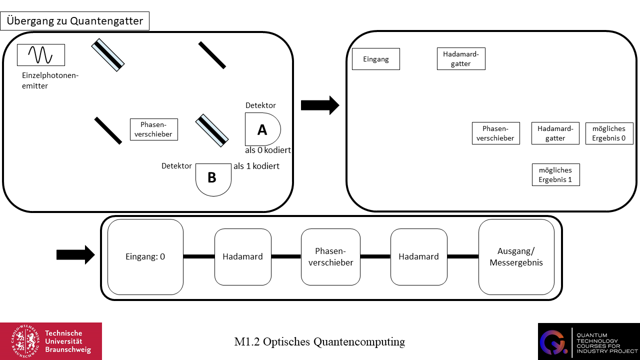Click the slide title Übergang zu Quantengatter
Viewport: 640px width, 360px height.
tap(75, 21)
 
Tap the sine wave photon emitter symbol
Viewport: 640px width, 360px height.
tap(40, 54)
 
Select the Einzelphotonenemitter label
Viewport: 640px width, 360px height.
tap(50, 80)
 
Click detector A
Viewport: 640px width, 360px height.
tap(262, 129)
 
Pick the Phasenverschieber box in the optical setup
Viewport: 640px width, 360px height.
tap(154, 129)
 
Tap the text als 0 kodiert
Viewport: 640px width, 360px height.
tap(268, 150)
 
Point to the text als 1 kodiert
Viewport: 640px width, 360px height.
tap(256, 166)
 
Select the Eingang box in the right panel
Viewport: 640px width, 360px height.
tap(376, 59)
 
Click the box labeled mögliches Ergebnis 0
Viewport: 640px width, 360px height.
tap(609, 133)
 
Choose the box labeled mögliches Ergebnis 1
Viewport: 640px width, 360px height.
tap(555, 174)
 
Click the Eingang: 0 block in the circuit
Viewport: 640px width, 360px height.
tap(145, 256)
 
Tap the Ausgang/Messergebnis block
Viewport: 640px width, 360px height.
tap(516, 256)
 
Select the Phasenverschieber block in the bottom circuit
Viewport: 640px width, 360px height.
tap(330, 256)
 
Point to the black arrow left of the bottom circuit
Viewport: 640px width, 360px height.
tap(75, 254)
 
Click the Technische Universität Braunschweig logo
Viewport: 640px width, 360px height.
tap(50, 341)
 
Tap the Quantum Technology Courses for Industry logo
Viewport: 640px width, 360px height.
tap(588, 341)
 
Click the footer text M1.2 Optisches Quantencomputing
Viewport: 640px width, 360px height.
tap(319, 342)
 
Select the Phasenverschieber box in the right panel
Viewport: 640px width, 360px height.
tap(495, 133)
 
